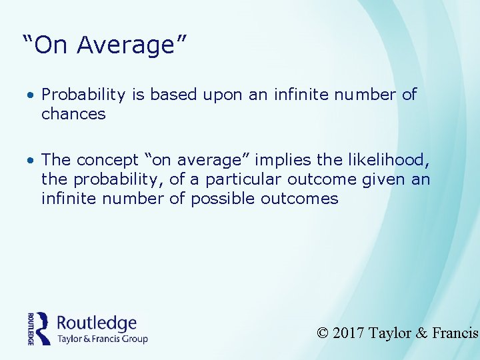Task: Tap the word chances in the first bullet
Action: [73, 114]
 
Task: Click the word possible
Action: [223, 198]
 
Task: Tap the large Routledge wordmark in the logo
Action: [97, 323]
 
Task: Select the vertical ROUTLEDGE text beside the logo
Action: [31, 328]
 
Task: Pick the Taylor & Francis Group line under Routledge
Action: [102, 339]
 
